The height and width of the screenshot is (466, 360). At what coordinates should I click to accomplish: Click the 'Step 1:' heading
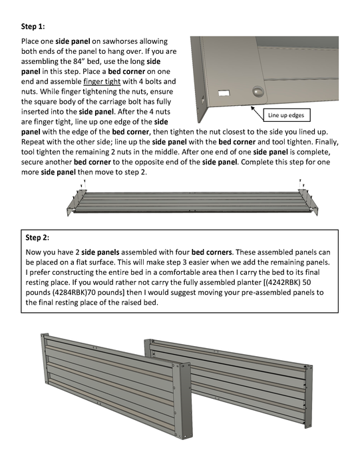[x=33, y=27]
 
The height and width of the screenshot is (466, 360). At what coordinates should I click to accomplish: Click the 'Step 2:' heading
[x=37, y=238]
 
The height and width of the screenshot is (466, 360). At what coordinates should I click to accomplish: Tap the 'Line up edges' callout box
[x=287, y=115]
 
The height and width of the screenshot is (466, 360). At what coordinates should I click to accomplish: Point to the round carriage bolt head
[x=259, y=91]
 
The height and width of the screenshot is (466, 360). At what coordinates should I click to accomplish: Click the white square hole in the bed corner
[x=224, y=93]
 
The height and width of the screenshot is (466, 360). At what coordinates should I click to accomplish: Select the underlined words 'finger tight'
[x=102, y=82]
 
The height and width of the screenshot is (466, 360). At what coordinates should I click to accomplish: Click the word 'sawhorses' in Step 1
[x=120, y=41]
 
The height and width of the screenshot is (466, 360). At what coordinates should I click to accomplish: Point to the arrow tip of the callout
[x=252, y=107]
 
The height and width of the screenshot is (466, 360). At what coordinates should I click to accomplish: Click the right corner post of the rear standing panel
[x=309, y=396]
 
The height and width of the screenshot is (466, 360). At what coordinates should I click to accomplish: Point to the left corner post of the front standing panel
[x=45, y=359]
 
